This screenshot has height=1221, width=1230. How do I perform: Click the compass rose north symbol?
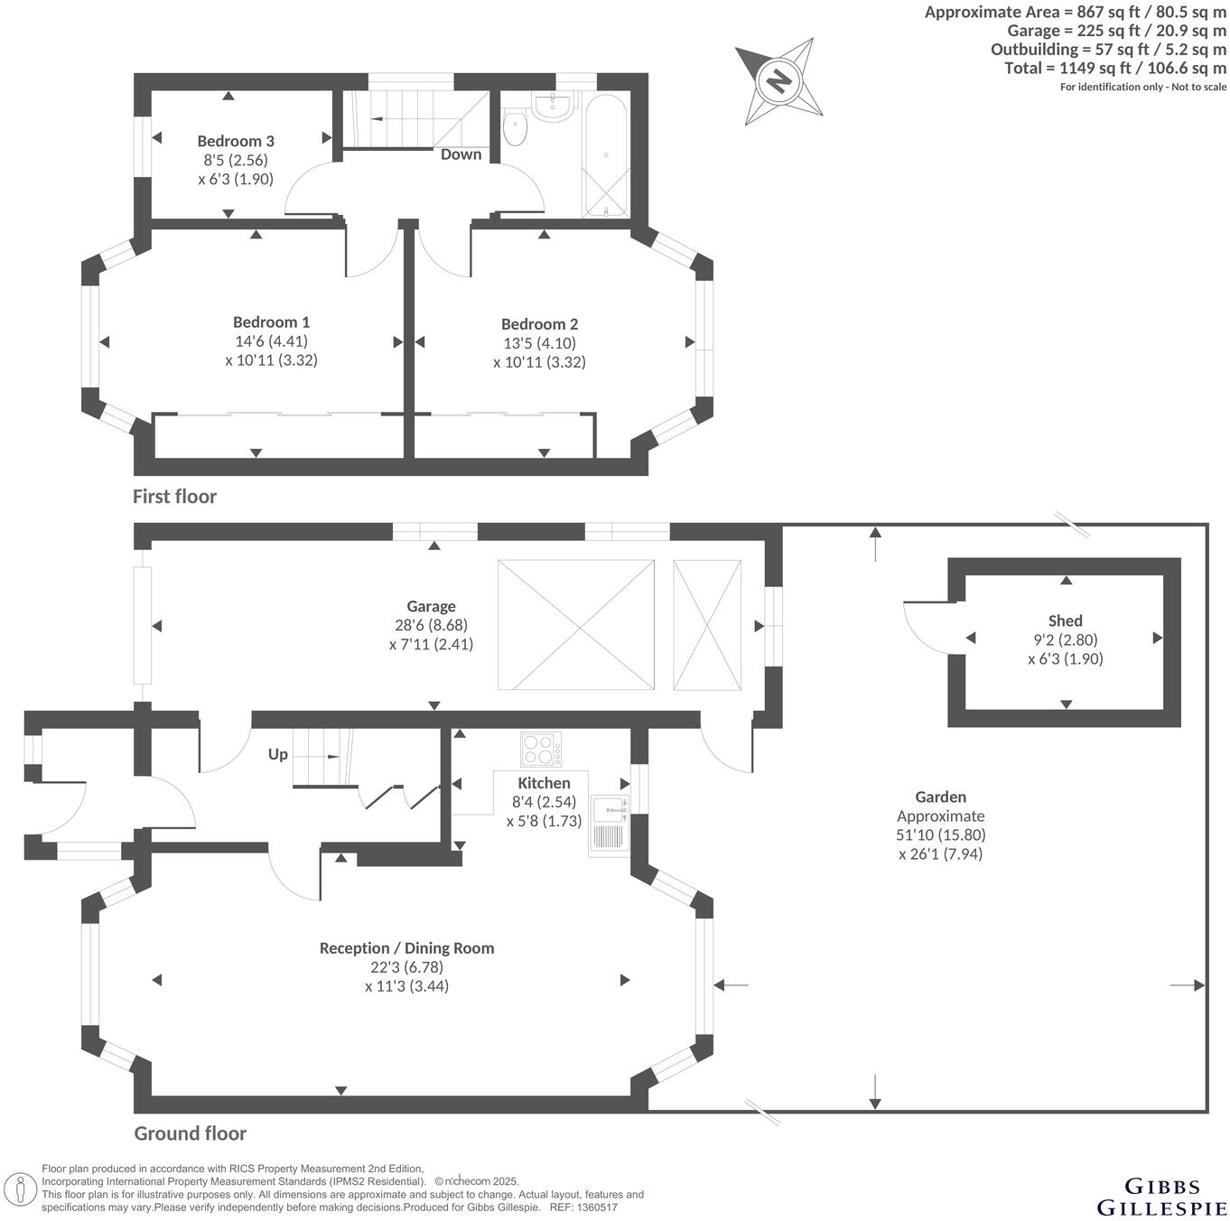tap(778, 80)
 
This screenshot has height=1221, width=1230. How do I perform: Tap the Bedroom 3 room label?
tap(236, 141)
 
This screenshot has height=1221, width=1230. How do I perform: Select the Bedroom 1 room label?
tap(271, 322)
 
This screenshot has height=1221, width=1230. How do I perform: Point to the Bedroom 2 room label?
tap(539, 324)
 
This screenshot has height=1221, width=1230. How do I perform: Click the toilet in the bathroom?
tap(515, 127)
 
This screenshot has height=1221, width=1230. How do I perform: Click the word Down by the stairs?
tap(461, 154)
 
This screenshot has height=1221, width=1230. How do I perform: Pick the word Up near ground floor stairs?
tap(277, 754)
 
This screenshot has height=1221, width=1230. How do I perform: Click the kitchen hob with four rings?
tap(541, 750)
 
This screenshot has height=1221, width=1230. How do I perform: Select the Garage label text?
tap(431, 606)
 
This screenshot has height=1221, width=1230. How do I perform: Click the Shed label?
tap(1065, 620)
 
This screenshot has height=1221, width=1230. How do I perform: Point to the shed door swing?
tap(924, 627)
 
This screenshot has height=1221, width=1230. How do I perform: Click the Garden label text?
tap(940, 797)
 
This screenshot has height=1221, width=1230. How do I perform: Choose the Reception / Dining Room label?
tap(406, 948)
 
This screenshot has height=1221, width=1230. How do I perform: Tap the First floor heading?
tap(174, 496)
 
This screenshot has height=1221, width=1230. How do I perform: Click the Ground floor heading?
tap(190, 1133)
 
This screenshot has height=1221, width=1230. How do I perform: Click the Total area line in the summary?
tap(1115, 68)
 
